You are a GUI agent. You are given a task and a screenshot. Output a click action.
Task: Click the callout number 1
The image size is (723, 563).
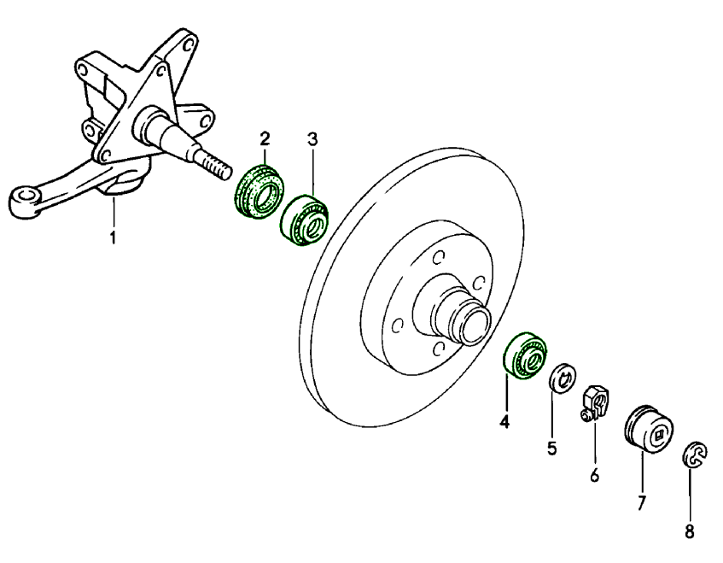coord(112,236)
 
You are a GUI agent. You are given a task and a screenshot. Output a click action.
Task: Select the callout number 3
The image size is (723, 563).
coord(312,140)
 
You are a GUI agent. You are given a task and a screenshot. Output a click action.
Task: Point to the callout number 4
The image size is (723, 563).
coord(504,421)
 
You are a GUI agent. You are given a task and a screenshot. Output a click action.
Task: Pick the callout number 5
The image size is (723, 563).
coord(552,447)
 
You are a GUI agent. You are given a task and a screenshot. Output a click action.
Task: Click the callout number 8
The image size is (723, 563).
coord(690,531)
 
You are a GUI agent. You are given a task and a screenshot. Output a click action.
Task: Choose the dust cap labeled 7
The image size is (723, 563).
coord(650,432)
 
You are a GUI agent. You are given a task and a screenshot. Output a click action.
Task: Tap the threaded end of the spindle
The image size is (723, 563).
coord(217,165)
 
